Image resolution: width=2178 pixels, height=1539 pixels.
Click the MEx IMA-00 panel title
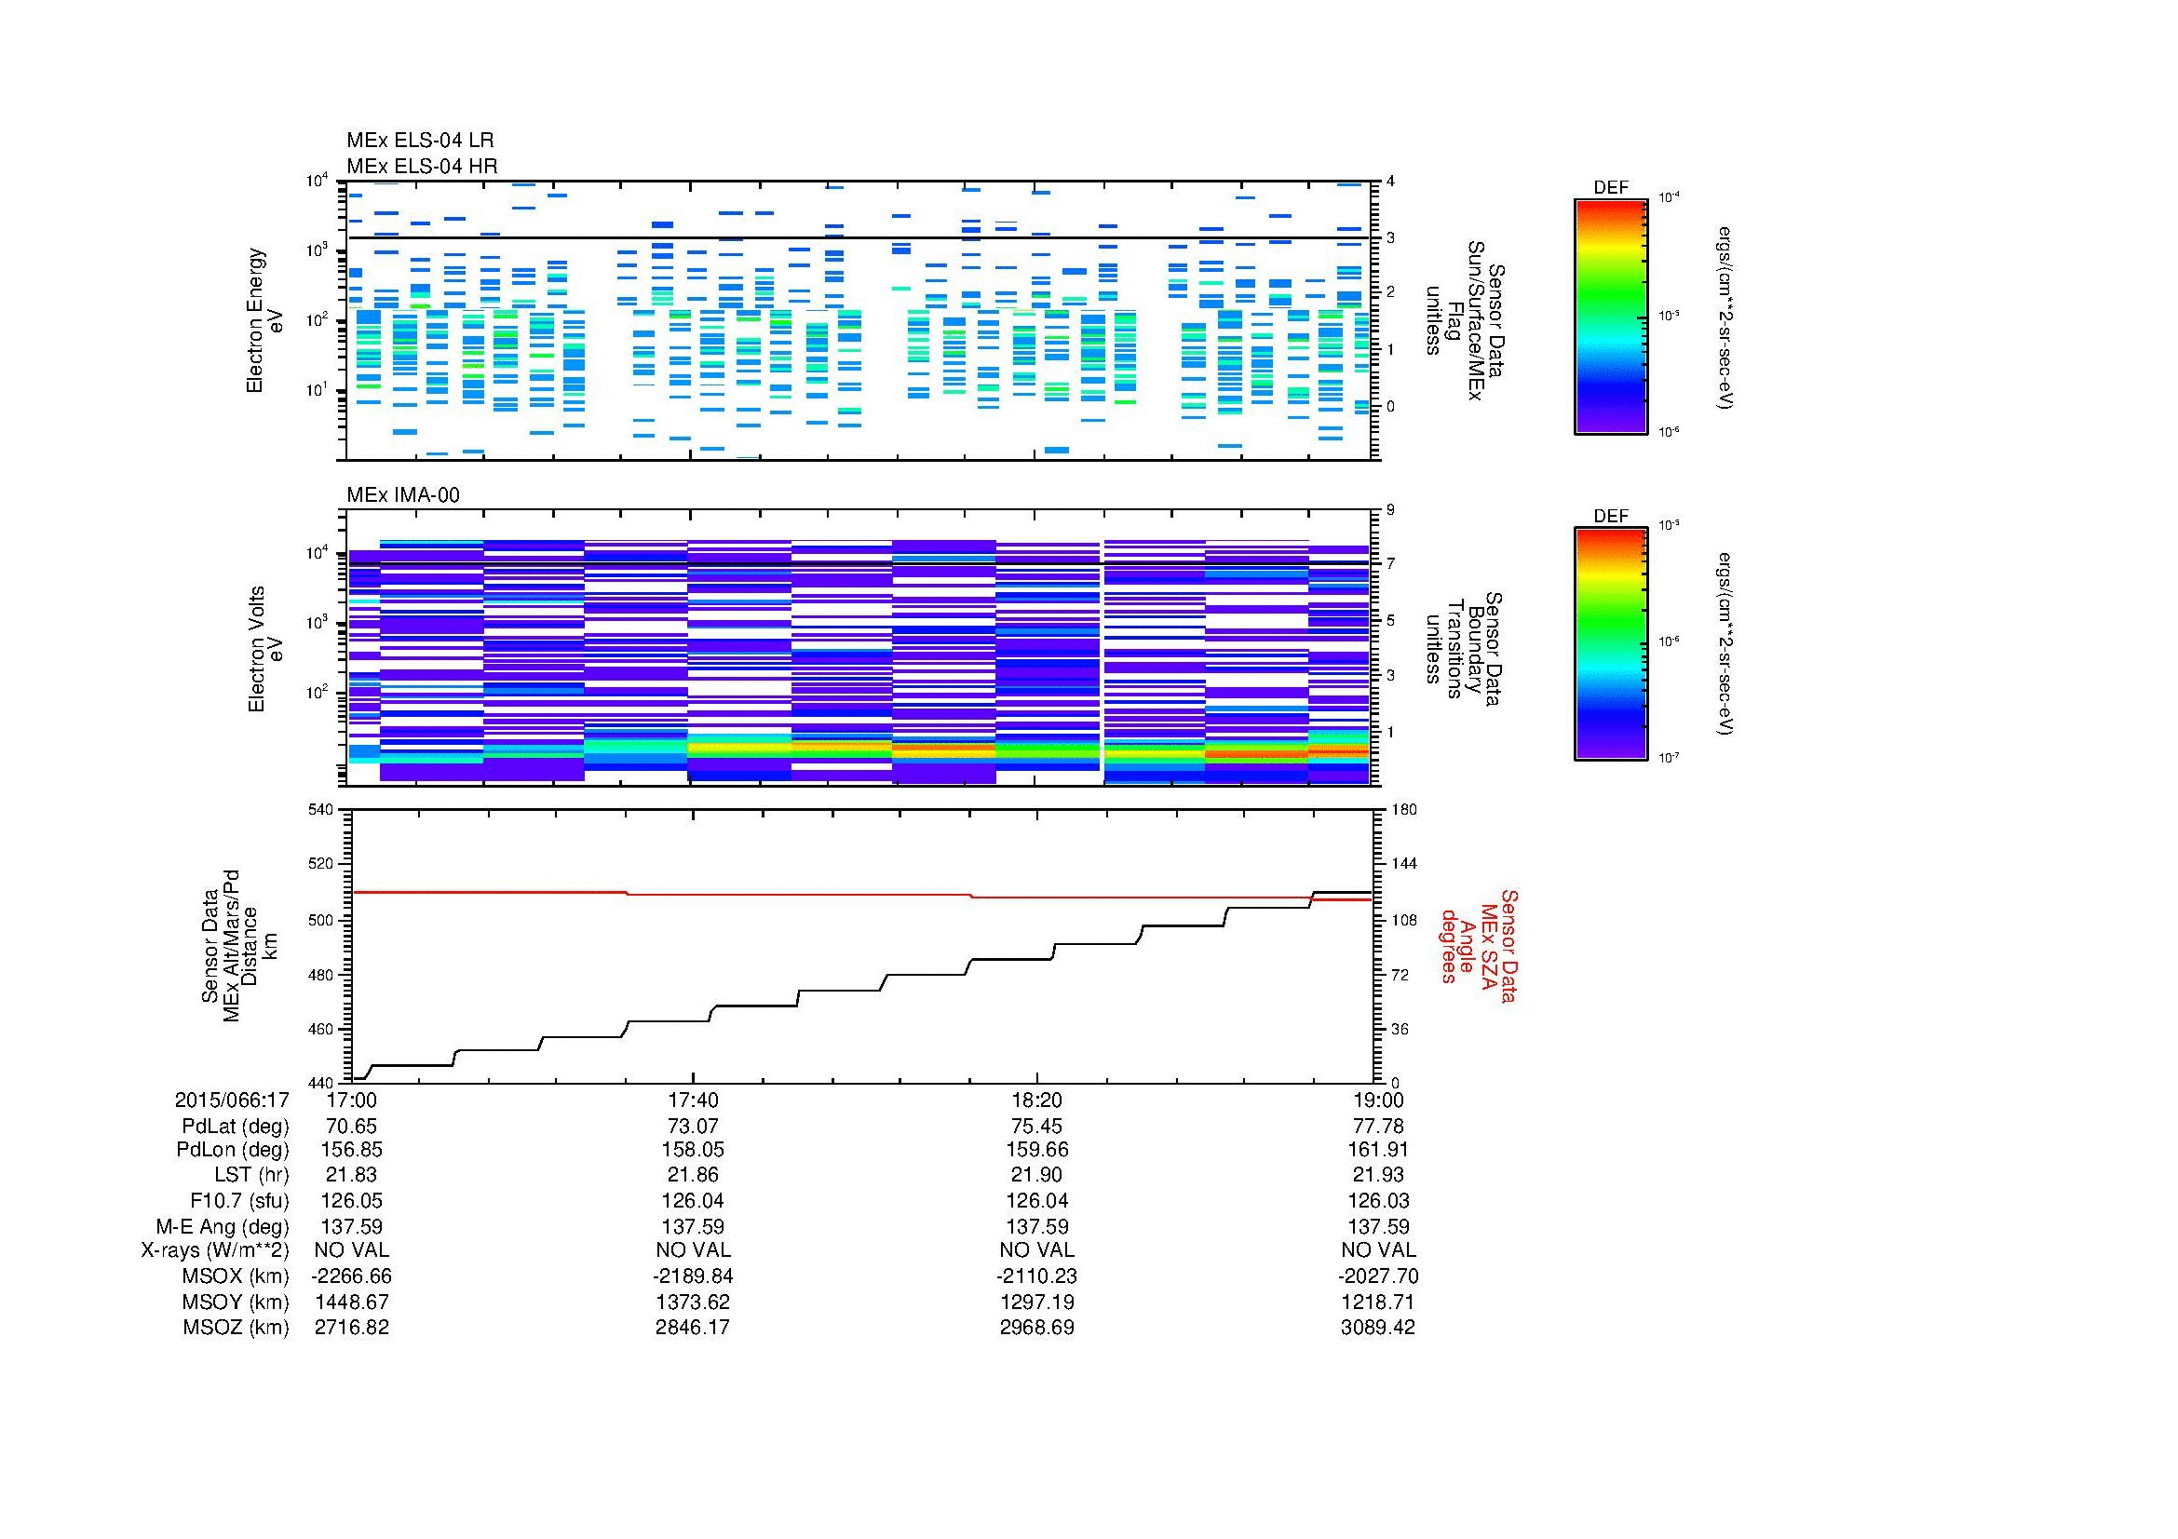click(x=402, y=495)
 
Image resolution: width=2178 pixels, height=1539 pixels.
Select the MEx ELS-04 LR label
click(x=419, y=141)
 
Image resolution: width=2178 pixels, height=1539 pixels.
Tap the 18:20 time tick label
click(x=1036, y=1100)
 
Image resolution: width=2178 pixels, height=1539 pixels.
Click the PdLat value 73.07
click(x=694, y=1127)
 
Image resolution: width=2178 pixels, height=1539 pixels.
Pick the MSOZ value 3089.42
click(x=1377, y=1328)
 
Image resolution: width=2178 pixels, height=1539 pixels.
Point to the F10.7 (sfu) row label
click(x=239, y=1201)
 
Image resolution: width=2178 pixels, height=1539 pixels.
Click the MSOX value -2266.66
click(x=352, y=1276)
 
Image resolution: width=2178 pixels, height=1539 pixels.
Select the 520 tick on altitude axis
click(x=321, y=865)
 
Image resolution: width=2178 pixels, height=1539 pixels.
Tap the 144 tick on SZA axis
click(x=1402, y=865)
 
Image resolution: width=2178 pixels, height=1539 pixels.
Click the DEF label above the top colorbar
click(x=1611, y=188)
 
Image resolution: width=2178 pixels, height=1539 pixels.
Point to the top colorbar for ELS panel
click(x=1611, y=315)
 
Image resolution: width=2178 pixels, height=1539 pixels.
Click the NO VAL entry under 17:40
click(x=694, y=1250)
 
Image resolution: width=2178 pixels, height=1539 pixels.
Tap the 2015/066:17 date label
click(x=232, y=1100)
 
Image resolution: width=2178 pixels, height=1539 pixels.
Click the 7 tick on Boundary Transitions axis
click(x=1390, y=564)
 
